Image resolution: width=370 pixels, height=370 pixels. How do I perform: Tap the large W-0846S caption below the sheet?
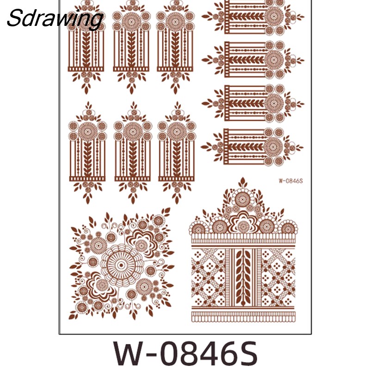coord(185,353)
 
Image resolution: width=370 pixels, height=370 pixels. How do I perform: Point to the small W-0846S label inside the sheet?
coord(291,181)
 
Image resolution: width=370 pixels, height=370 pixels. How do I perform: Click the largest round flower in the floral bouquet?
coord(122,265)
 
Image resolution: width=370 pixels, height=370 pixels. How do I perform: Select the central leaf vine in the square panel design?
coord(243,277)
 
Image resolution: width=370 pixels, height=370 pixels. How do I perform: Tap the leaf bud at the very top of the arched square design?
coord(242,183)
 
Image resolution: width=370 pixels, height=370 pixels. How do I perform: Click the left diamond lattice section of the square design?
coord(208,277)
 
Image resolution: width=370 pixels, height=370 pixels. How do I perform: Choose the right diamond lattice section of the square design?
coord(278,277)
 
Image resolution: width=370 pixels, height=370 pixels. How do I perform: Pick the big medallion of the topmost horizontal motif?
coord(274,16)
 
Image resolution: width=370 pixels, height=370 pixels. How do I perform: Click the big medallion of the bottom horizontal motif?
coord(273,147)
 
